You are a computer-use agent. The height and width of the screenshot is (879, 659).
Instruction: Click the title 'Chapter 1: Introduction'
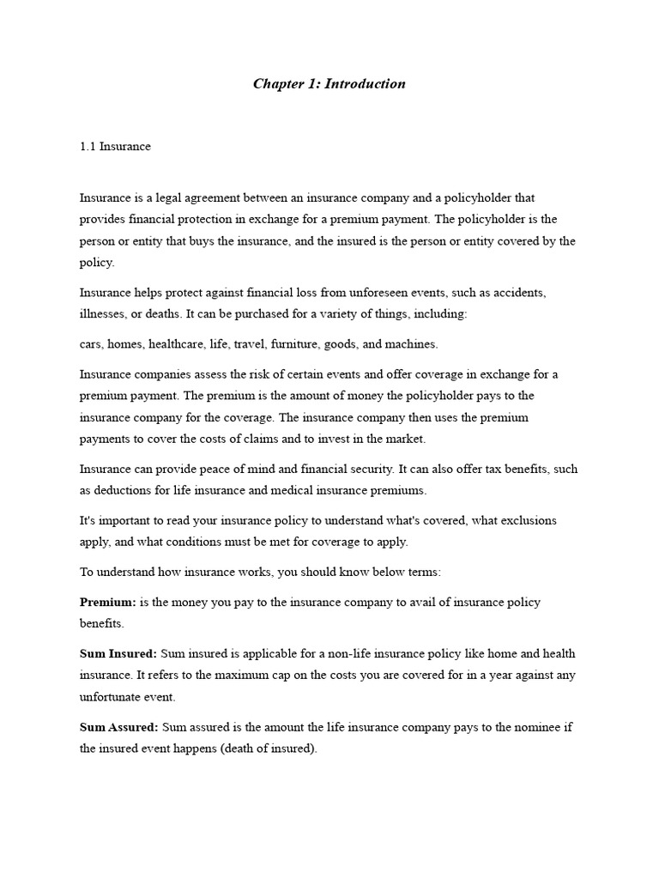point(329,84)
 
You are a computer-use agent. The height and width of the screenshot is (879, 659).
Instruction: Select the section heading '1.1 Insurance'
point(115,147)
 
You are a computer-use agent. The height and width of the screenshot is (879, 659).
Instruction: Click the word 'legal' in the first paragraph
point(167,198)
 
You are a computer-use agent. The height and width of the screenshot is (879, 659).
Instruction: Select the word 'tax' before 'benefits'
point(486,470)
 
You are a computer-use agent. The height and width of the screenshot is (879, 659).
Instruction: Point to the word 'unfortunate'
point(113,697)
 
